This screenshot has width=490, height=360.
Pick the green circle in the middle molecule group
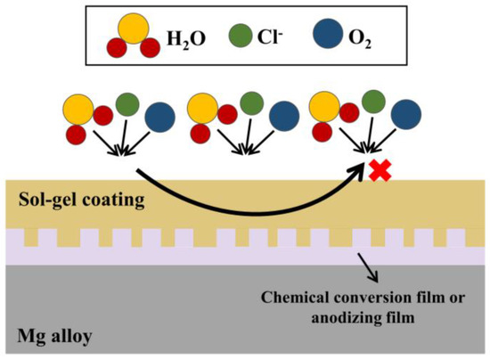[251, 104]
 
